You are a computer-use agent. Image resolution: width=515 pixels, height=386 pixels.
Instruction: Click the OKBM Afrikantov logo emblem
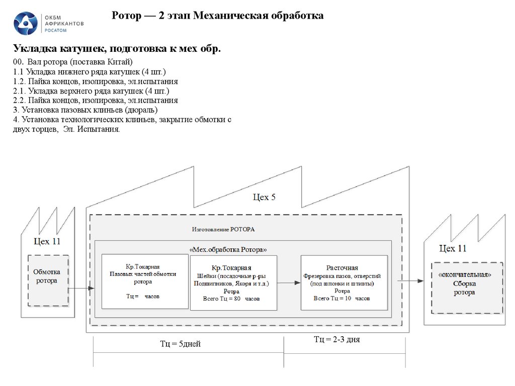click(x=26, y=24)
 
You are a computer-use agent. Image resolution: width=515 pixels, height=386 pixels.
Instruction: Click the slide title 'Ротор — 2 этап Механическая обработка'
click(x=218, y=16)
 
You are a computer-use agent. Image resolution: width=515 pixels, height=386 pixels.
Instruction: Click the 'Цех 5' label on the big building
click(x=264, y=197)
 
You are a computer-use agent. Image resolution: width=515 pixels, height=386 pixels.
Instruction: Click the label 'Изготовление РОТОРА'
click(x=223, y=229)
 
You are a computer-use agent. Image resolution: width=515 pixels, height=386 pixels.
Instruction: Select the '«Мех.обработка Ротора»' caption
click(x=228, y=249)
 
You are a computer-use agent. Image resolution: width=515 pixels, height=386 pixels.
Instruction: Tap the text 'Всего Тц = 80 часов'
click(x=231, y=299)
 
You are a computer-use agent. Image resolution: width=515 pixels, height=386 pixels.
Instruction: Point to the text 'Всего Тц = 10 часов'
click(x=342, y=298)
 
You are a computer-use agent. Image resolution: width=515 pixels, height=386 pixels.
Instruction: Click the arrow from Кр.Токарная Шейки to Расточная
click(x=289, y=283)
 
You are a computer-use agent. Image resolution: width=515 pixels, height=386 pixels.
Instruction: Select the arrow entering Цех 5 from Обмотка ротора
click(x=81, y=288)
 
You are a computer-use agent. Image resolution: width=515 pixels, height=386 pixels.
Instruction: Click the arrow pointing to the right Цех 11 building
click(x=412, y=281)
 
